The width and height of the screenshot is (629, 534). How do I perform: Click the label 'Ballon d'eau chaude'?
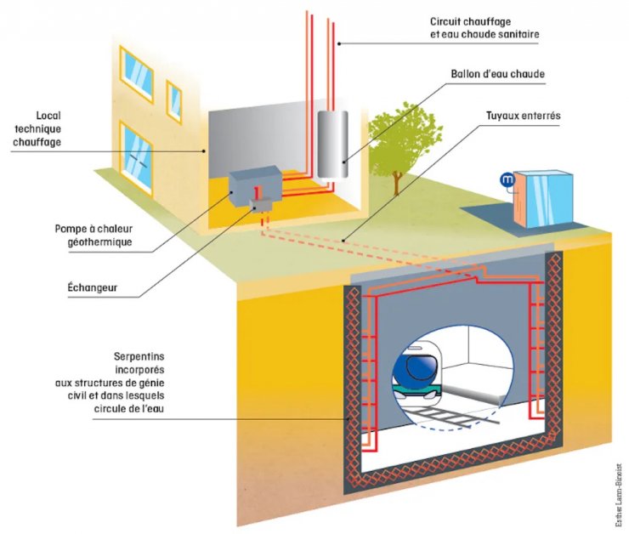click(497, 74)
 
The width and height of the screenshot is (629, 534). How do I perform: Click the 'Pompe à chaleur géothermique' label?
click(106, 236)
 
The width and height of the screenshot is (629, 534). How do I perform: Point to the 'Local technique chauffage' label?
click(37, 128)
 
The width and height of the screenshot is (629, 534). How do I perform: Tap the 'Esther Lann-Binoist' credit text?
click(619, 493)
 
